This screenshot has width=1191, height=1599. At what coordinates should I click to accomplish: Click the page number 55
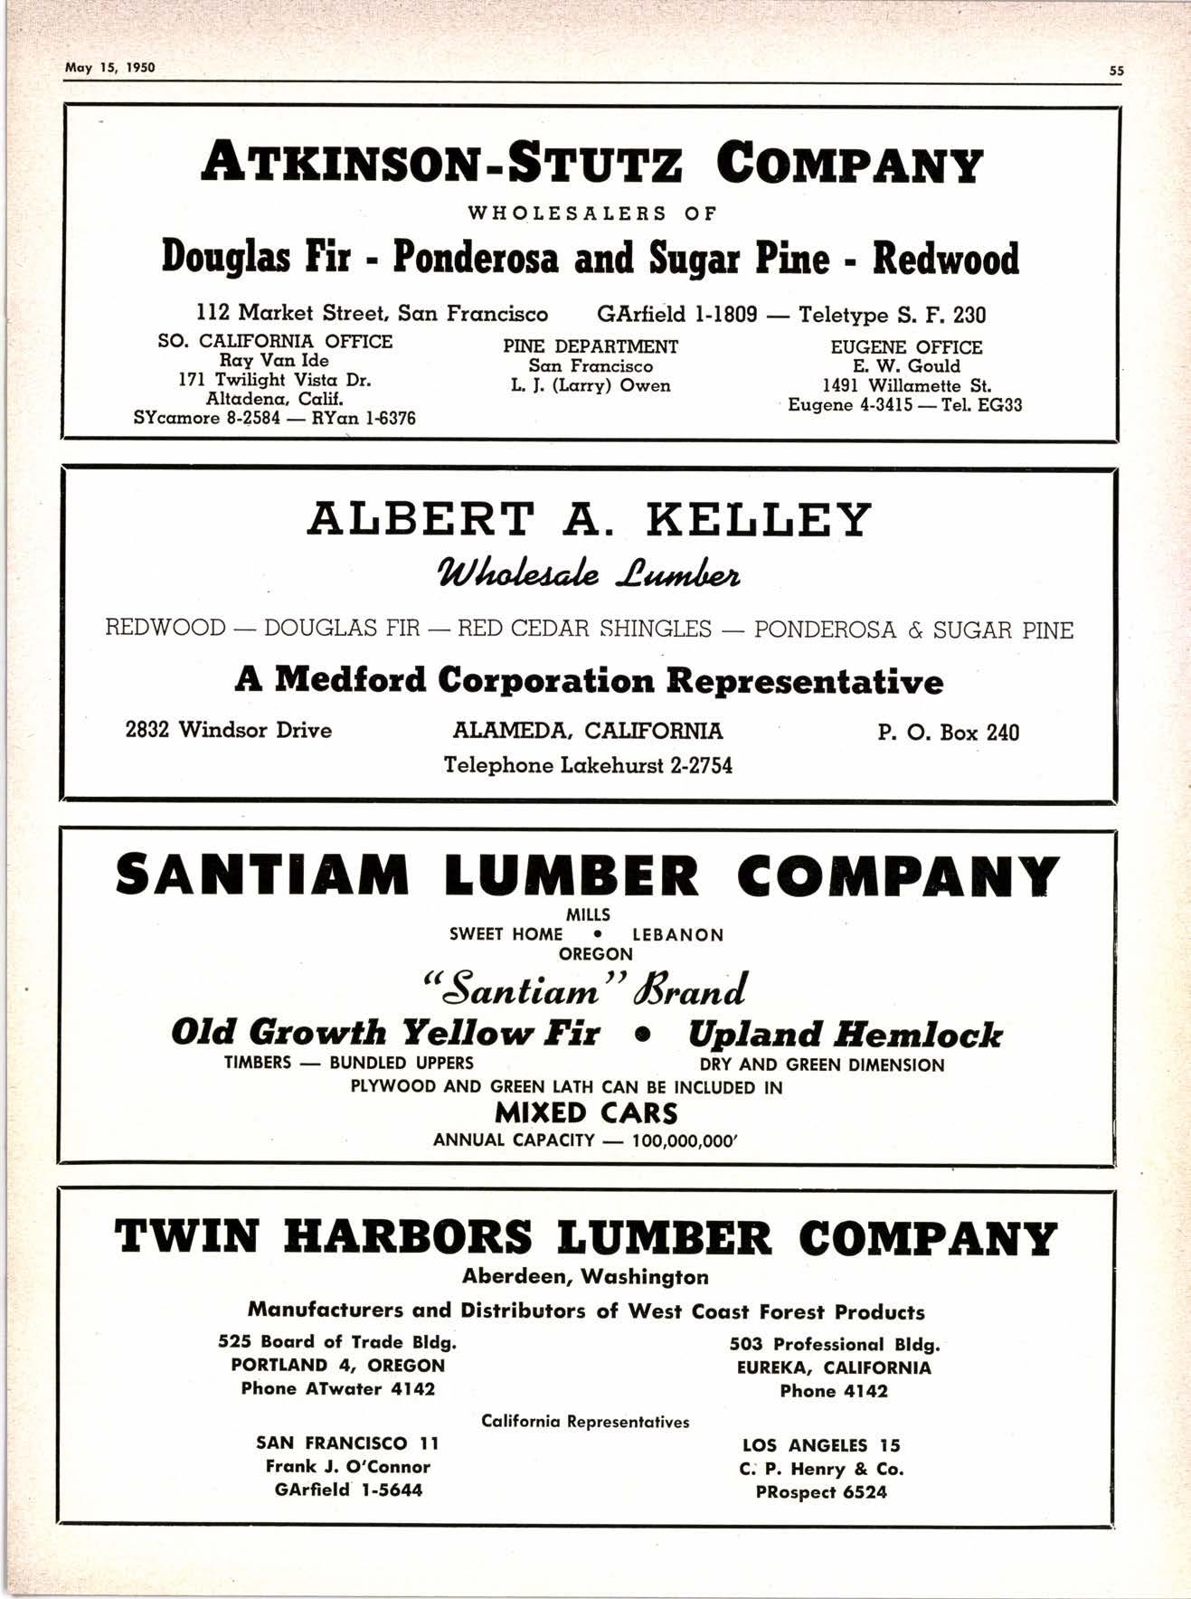(x=1116, y=71)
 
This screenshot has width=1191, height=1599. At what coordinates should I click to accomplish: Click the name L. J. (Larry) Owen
(x=591, y=386)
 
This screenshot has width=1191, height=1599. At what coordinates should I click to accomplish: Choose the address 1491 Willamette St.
(x=906, y=385)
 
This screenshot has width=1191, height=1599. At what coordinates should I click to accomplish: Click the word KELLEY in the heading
(x=758, y=521)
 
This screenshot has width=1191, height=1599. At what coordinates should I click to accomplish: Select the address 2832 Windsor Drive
(x=229, y=730)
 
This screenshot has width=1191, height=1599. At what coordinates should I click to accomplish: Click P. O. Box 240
(x=948, y=732)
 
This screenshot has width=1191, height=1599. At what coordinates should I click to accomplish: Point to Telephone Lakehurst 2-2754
(x=588, y=766)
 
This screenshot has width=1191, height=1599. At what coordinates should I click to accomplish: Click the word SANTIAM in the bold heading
(x=263, y=875)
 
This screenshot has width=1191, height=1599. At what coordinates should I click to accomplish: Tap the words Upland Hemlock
(x=845, y=1034)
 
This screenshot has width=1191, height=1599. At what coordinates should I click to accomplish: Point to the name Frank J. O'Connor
(x=348, y=1466)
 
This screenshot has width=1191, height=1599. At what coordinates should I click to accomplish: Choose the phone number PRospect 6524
(x=821, y=1492)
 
